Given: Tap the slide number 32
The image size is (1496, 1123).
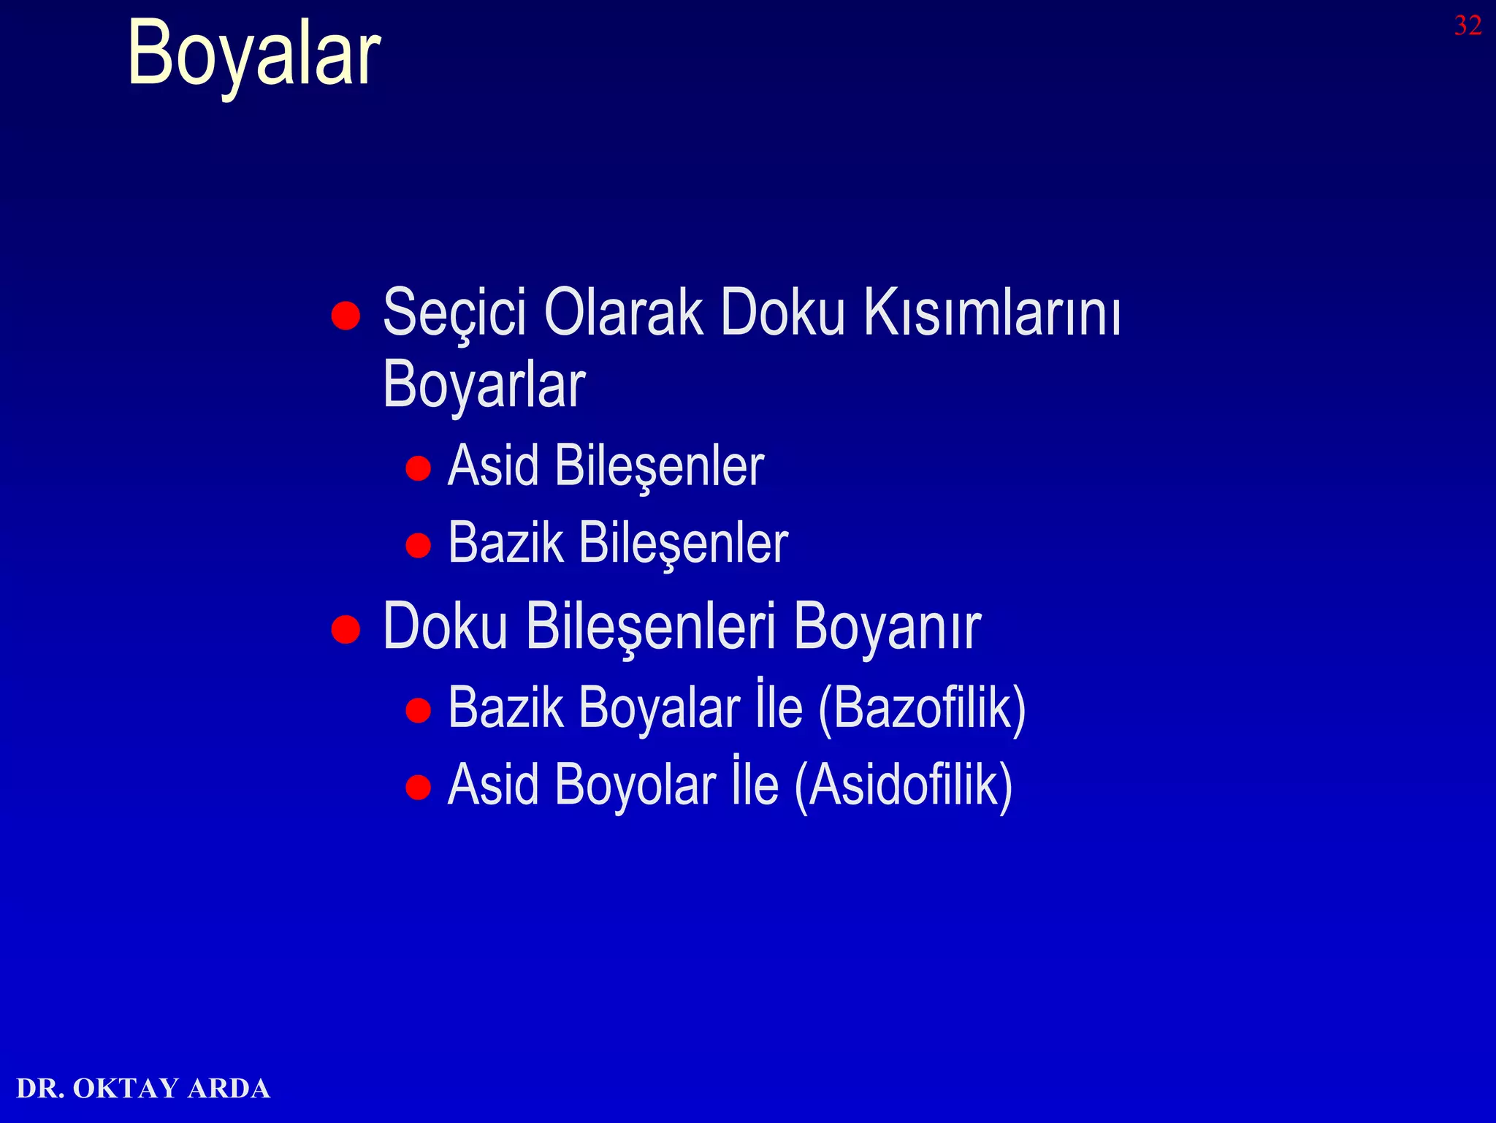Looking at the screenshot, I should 1467,26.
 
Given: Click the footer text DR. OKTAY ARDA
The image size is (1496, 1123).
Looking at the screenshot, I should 143,1088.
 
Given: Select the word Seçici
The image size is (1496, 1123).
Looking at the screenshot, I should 454,313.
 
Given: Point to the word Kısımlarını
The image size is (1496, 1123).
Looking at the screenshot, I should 992,313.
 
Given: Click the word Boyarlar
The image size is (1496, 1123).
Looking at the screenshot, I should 484,386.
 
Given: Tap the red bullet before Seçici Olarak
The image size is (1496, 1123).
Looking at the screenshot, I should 346,316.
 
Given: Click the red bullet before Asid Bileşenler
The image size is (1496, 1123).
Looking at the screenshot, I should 418,468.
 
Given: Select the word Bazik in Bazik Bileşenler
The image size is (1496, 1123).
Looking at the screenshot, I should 505,543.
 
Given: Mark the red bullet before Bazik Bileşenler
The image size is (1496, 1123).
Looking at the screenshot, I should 418,545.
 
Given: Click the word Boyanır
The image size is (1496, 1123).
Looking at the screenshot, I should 887,627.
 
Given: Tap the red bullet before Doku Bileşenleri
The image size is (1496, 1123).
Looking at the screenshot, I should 346,628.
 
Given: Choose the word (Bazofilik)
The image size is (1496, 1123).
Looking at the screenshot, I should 922,708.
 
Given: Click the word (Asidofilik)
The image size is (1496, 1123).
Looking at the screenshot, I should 903,785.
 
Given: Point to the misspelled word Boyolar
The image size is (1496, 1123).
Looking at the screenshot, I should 635,785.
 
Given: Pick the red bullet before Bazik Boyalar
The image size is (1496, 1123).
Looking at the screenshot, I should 418,709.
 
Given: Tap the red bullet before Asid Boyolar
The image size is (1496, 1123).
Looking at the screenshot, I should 418,787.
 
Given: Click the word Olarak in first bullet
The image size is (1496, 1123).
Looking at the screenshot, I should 623,313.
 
